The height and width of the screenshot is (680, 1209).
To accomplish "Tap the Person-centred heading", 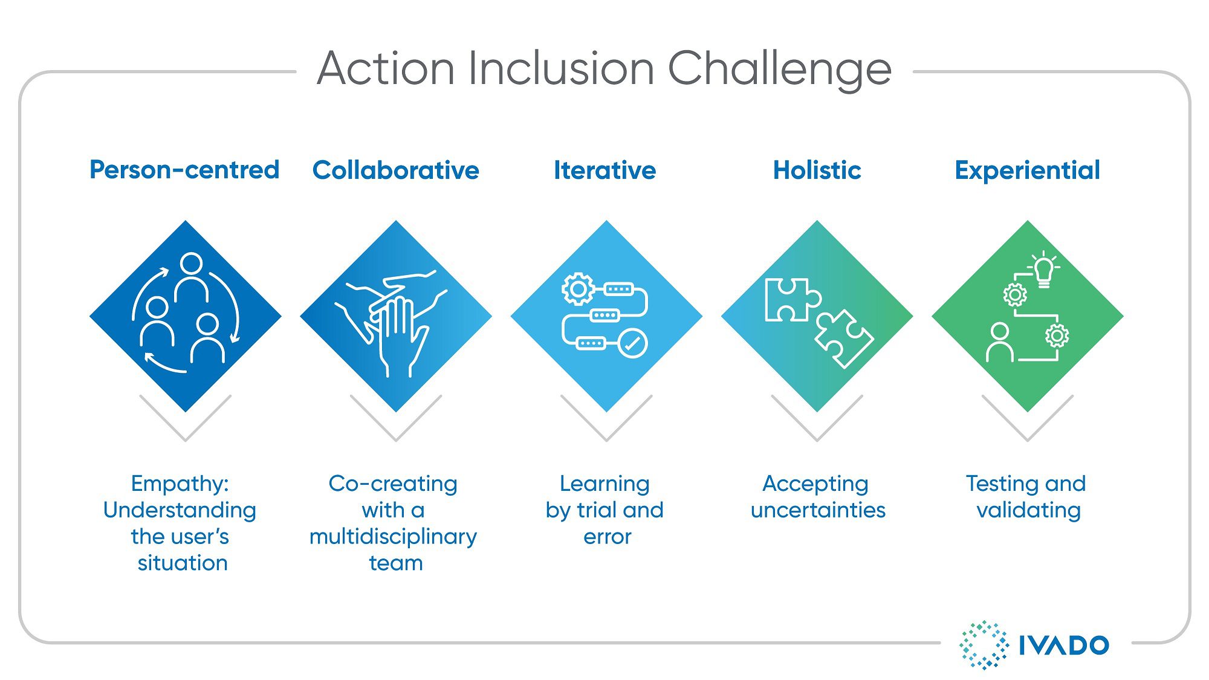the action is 184,170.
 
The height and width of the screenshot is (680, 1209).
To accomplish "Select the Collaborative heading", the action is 396,170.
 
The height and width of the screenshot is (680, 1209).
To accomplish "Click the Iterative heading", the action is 605,170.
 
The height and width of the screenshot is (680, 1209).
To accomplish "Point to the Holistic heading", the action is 817,170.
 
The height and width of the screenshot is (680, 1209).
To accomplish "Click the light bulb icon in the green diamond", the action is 1044,269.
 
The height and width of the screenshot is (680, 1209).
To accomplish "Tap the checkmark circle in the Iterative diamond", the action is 632,344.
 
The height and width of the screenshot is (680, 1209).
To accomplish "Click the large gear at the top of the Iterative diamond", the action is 578,289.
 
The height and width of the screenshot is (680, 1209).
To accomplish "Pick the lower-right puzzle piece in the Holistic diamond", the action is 844,338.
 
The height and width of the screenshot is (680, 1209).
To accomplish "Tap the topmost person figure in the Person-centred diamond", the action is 192,277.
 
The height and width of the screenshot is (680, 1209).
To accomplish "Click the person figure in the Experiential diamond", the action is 1000,342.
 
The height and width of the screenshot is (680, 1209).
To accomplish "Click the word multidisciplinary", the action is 394,537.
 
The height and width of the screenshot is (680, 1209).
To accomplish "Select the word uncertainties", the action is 818,510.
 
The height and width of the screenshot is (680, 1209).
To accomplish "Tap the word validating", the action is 1029,511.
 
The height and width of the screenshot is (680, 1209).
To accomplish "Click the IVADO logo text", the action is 1064,646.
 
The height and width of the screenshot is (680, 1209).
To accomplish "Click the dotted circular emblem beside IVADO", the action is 984,645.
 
